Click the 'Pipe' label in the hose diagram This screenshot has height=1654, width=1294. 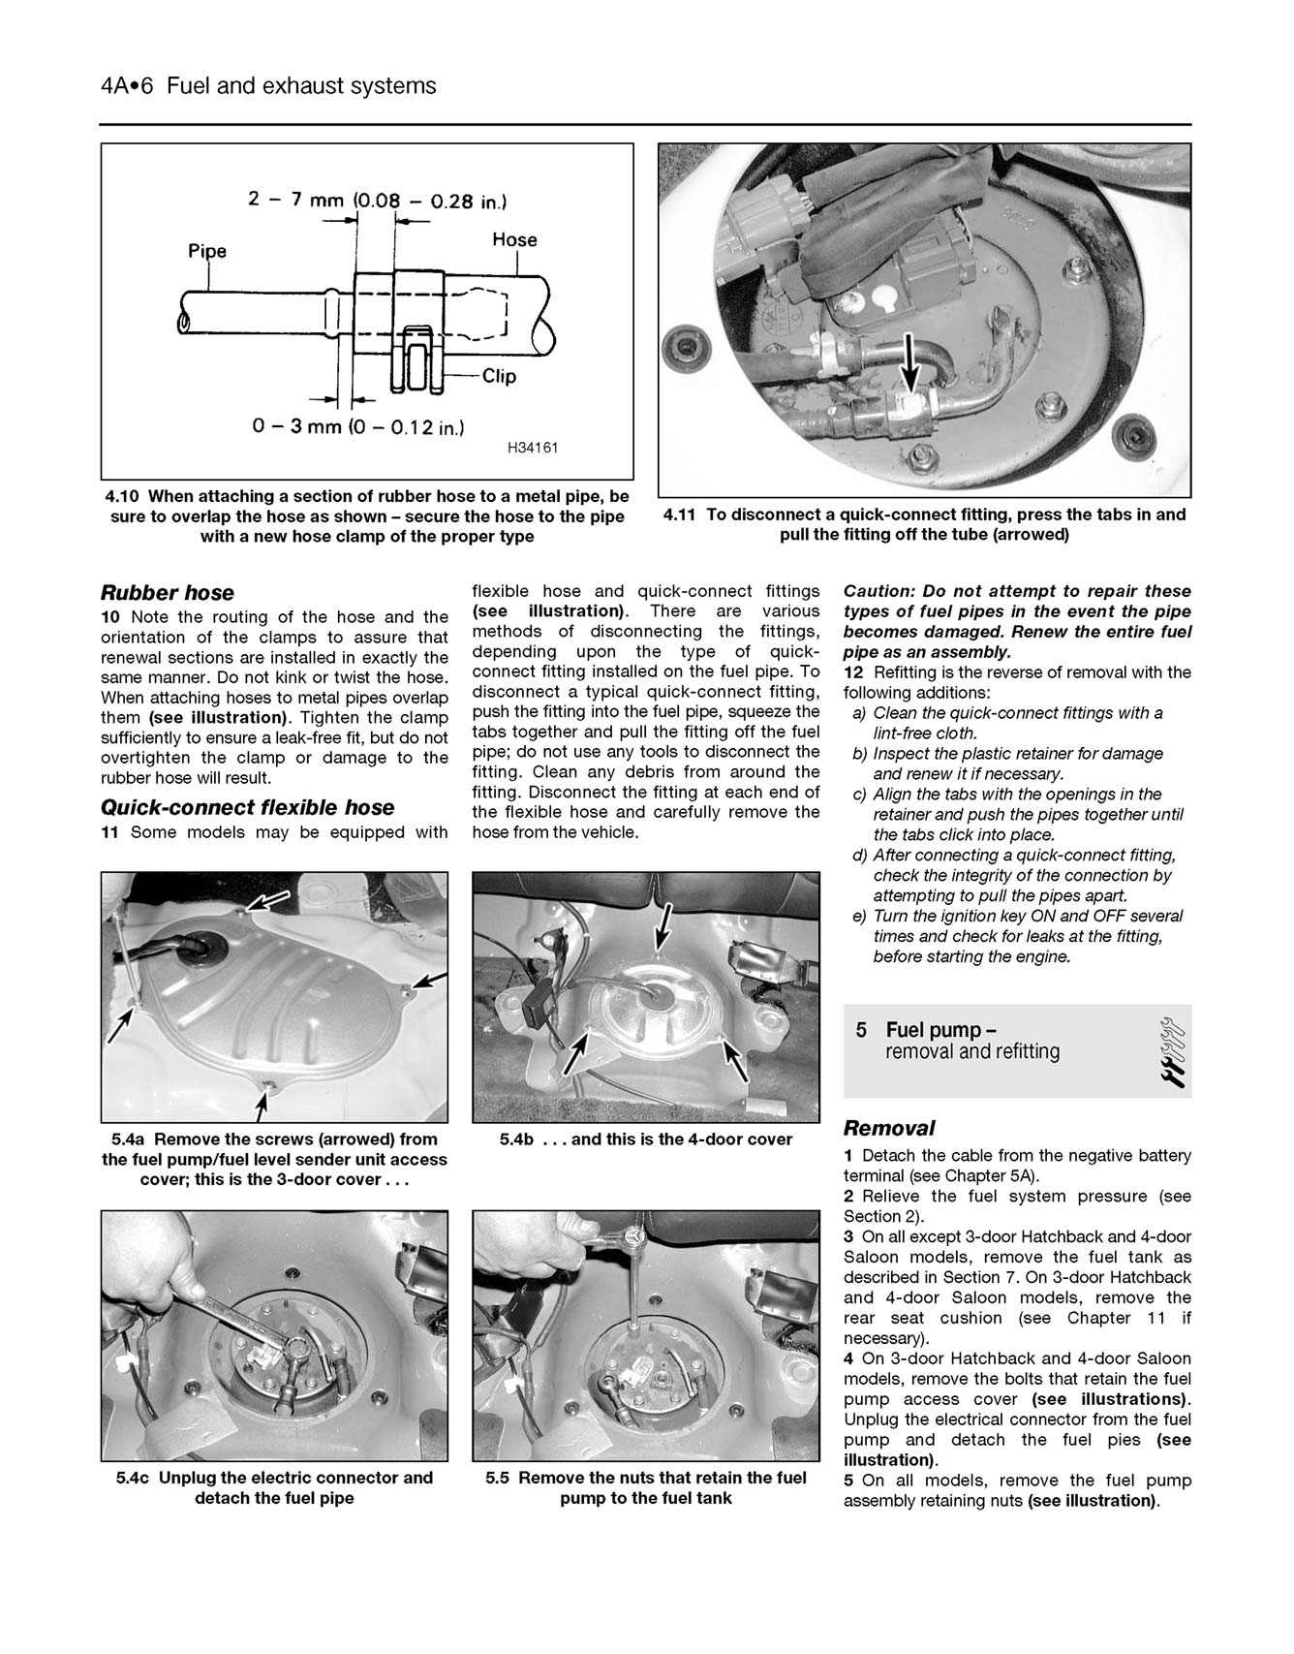click(x=206, y=251)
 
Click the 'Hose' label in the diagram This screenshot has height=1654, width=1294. click(x=514, y=239)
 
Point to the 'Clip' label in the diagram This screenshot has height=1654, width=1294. click(x=499, y=376)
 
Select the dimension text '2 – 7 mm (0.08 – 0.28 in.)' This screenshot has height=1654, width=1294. click(x=377, y=201)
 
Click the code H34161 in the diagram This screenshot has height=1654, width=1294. click(x=532, y=448)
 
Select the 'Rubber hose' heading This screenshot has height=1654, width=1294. click(x=168, y=593)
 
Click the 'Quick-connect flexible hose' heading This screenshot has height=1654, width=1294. click(x=248, y=808)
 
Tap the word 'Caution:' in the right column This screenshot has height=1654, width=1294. click(x=878, y=591)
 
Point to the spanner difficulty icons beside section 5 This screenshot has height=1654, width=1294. click(x=1170, y=1051)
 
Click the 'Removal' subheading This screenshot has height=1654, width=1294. click(x=888, y=1128)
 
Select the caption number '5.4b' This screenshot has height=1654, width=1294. click(x=516, y=1139)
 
